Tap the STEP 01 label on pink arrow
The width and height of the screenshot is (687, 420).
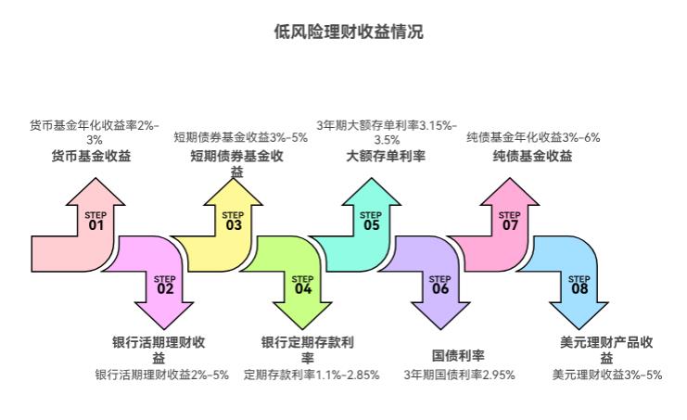coord(95,221)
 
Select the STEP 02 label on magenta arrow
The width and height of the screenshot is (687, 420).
coord(164,285)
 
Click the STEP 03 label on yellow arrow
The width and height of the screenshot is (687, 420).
coord(233,221)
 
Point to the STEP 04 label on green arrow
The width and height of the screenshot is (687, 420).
coord(302,285)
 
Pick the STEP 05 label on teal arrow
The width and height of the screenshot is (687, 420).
coord(371,221)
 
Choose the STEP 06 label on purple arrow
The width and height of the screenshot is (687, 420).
coord(439,285)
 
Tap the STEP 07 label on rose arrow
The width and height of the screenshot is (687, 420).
coord(509,221)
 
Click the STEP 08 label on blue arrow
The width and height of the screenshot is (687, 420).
coord(579,285)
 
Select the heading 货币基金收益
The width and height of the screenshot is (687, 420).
coord(91,156)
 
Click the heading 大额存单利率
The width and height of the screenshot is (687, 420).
coord(386,156)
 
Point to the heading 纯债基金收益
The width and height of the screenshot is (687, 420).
coord(532,156)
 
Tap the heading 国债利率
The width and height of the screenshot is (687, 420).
coord(459,355)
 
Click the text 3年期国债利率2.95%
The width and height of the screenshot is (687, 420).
coord(459,375)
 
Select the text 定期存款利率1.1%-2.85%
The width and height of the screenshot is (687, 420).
coord(312,375)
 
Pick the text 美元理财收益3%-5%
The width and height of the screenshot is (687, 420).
coord(606,375)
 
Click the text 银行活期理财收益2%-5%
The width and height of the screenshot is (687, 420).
coord(162,375)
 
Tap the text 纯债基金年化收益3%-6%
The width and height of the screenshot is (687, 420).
coord(533,137)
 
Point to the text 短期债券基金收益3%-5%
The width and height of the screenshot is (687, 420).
coord(240,137)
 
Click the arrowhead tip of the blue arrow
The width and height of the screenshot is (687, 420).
coord(579,327)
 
